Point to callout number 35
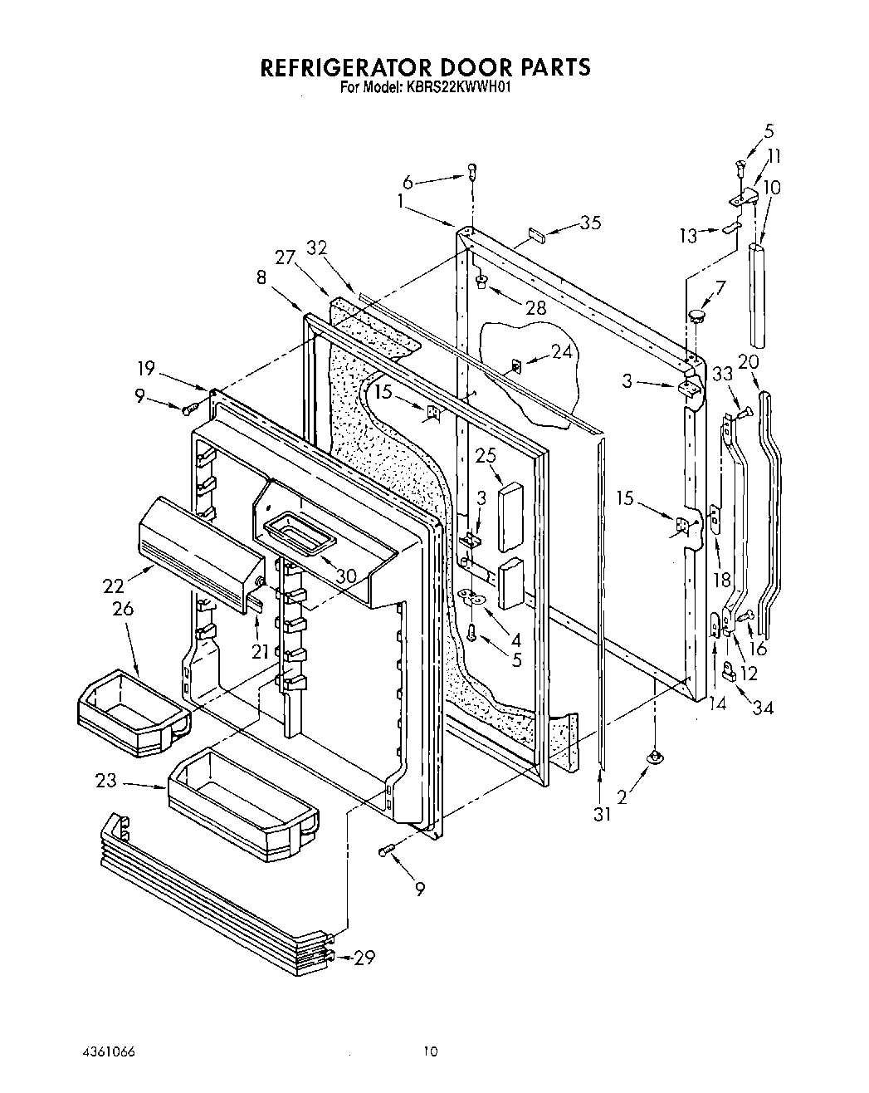click(590, 223)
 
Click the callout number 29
click(363, 958)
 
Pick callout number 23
click(107, 781)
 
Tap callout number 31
click(602, 815)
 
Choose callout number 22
click(114, 585)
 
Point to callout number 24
click(563, 351)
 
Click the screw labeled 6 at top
click(471, 172)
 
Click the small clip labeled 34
click(730, 670)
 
